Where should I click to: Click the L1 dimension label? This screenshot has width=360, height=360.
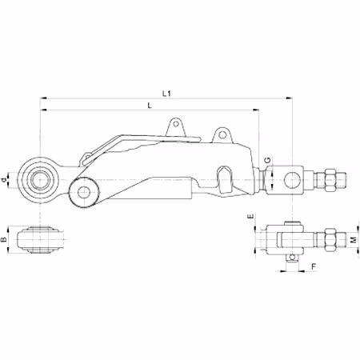[x=166, y=94]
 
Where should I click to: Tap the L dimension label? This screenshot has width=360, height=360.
[x=150, y=106]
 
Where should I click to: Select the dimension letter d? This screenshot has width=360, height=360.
[x=4, y=180]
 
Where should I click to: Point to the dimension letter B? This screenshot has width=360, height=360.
[x=4, y=239]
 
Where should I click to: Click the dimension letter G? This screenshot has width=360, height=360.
[x=267, y=160]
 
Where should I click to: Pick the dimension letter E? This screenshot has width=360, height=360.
[x=250, y=216]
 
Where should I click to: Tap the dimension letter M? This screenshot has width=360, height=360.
[x=354, y=239]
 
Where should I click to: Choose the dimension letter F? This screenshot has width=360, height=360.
[x=314, y=266]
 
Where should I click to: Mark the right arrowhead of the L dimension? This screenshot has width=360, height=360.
[x=256, y=110]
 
